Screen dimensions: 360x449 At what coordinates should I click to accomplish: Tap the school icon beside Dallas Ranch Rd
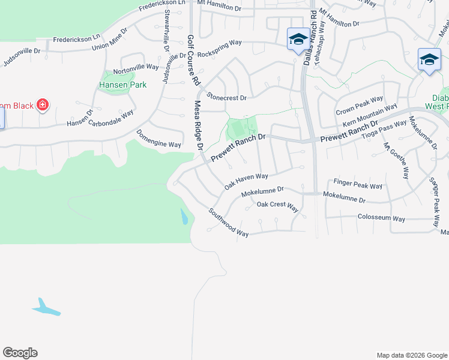pos(298,40)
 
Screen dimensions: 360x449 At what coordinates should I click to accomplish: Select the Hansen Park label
pos(122,85)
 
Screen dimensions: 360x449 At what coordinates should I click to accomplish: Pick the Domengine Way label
pos(158,139)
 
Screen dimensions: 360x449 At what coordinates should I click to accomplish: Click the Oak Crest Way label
pos(277,206)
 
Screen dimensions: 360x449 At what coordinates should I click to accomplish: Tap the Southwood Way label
pos(228,222)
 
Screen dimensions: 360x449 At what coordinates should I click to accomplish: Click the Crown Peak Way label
pos(359,106)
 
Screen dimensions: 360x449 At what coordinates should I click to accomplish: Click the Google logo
pos(20,353)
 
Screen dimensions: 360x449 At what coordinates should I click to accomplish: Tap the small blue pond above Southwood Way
pos(184,217)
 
